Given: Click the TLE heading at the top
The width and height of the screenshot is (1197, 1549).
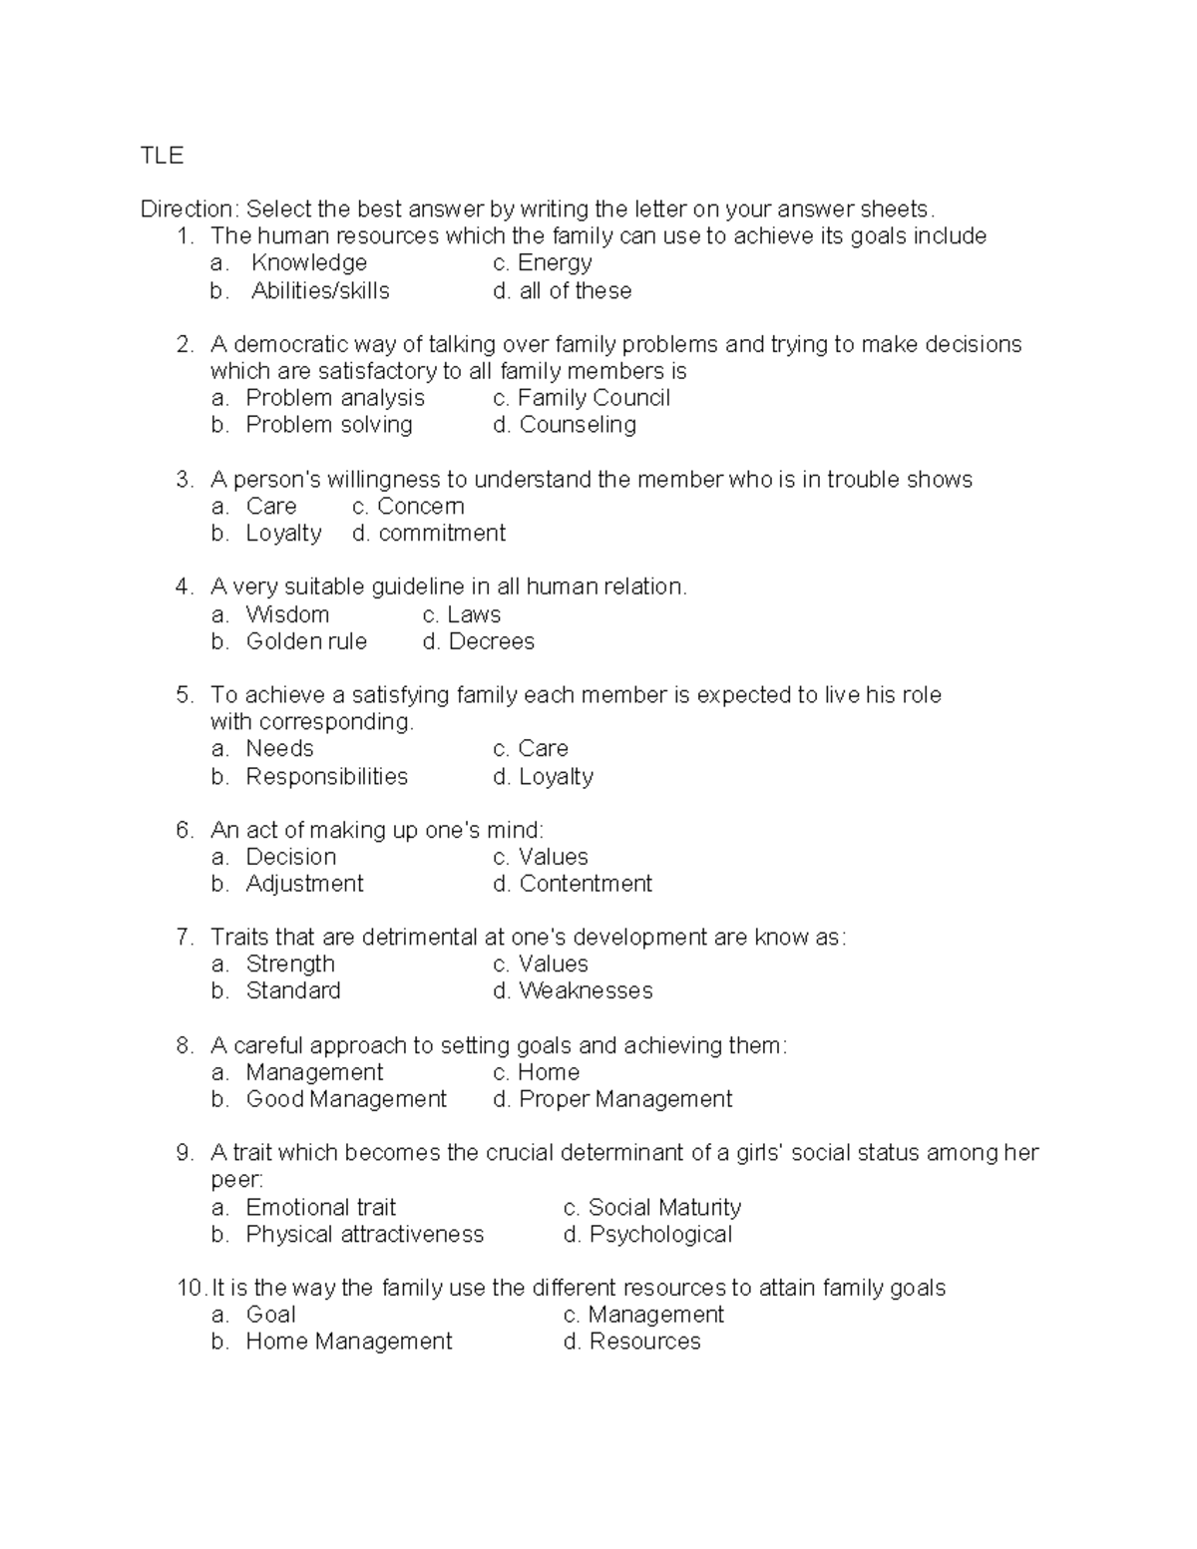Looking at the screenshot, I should [162, 156].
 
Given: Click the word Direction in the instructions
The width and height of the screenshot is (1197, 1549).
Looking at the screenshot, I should [187, 209].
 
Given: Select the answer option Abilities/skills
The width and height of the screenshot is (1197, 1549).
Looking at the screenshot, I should [320, 291].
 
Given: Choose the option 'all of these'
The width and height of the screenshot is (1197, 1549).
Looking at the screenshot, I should [576, 291].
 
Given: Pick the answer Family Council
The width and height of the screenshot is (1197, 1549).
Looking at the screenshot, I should [594, 398].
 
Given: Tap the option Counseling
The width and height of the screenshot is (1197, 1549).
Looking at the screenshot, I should [578, 425].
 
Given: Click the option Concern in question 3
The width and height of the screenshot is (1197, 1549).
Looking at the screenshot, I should [420, 507].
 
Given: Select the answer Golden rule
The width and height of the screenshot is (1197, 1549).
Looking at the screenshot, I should [306, 641].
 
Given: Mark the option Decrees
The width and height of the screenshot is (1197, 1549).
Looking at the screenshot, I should [491, 641].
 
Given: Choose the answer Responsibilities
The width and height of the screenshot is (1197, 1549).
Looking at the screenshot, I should [326, 777].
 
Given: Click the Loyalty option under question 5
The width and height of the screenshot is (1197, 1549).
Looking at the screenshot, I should [556, 777].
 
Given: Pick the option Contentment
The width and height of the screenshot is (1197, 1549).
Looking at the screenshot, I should [586, 884].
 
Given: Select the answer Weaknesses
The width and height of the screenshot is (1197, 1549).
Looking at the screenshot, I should [586, 991].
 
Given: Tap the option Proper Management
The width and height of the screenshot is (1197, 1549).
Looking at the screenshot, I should [625, 1099].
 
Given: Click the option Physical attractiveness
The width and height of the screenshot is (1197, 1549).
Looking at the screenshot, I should [364, 1235].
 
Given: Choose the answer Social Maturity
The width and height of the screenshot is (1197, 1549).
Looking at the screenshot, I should [664, 1208].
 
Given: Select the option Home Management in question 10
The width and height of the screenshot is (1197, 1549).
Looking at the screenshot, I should [348, 1342].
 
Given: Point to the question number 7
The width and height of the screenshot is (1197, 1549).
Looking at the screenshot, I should [184, 938].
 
